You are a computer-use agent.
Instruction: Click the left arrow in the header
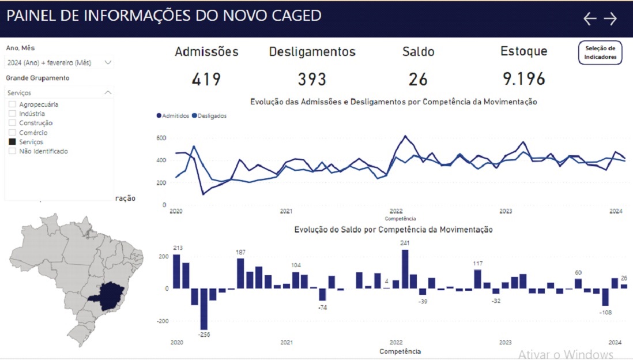tap(589, 18)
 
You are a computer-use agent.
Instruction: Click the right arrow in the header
tap(611, 18)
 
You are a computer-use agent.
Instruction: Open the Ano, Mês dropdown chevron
tap(108, 62)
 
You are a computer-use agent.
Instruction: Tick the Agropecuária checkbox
tap(12, 104)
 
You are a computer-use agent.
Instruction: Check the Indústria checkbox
tap(12, 114)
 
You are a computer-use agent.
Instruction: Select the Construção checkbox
tap(12, 123)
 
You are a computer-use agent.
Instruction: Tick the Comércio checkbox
tap(12, 133)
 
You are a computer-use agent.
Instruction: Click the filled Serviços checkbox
tap(12, 142)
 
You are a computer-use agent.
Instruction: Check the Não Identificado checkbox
tap(12, 151)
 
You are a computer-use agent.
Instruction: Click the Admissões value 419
tap(206, 79)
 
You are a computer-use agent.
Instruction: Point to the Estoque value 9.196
tap(523, 79)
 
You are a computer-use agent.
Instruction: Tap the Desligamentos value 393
tap(312, 79)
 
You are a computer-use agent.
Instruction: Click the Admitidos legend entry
tap(173, 116)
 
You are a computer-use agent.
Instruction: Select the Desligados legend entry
tap(209, 116)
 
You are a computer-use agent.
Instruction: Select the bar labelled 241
tap(405, 268)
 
